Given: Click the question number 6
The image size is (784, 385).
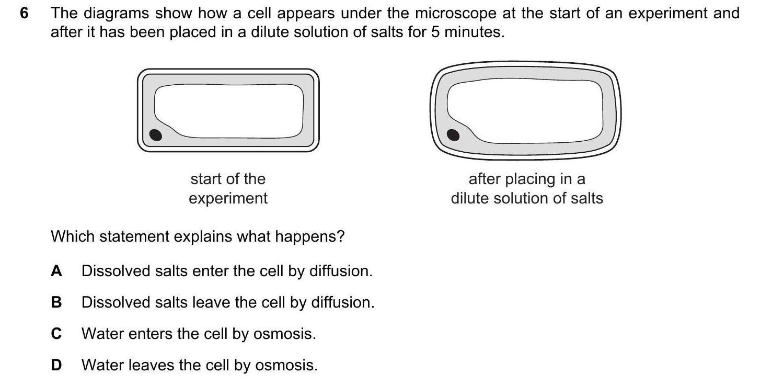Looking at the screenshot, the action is tap(24, 13).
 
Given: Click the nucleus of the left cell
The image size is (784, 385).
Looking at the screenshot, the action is tap(155, 135).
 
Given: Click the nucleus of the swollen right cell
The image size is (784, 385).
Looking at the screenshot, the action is tap(453, 135).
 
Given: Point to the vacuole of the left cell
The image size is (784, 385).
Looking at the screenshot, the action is tap(229, 111).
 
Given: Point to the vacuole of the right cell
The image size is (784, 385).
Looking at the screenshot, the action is tap(525, 111).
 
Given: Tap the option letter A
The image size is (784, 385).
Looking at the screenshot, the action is tap(56, 271).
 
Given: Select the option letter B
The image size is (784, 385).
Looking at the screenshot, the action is tap(56, 302).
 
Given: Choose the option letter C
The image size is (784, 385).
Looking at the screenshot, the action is tap(56, 334).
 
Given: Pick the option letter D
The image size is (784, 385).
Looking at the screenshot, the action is tap(56, 365).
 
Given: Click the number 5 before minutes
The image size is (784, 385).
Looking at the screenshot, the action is tap(435, 32).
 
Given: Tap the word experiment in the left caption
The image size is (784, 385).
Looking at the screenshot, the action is tap(228, 199).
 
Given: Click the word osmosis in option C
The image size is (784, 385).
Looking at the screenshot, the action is tap(284, 334).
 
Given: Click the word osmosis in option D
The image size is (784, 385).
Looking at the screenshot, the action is tap(286, 365).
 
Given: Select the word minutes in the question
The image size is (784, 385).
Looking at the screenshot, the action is tap(474, 32).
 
